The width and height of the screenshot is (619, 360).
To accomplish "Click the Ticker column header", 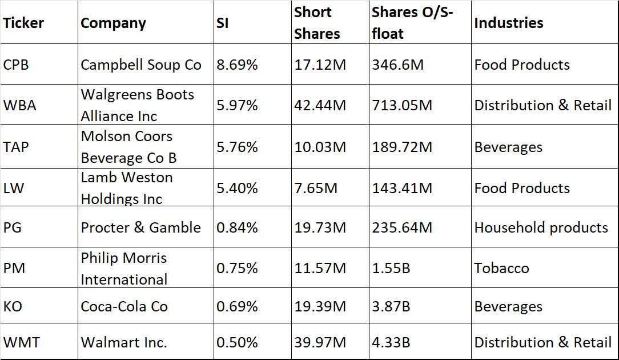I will pos(23,23).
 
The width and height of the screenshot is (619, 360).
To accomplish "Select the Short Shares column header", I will pos(317,23).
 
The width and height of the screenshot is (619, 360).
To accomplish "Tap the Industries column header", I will pos(508,23).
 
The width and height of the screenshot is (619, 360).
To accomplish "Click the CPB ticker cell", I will pos(16,65).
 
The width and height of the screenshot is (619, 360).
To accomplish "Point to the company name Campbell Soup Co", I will pos(141,65).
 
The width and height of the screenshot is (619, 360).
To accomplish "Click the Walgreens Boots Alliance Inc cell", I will pos(138,105).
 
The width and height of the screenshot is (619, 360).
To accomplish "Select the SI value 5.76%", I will pos(237,147).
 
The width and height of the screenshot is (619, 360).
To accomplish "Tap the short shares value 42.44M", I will pos(320,106).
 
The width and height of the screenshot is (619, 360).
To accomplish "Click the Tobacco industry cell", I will pos(501,268).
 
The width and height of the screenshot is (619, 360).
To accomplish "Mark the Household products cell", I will pos(541,227).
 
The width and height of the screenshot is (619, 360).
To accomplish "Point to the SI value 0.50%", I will pos(237,342).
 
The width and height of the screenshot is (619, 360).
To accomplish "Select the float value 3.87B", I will pos(391,307).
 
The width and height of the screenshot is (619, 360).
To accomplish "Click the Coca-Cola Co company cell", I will pos(124,307).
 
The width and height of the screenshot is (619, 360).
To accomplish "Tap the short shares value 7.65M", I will pos(316,188).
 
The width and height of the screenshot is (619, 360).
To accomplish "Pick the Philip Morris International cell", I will pos(124,268).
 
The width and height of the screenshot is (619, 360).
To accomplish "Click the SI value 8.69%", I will pos(237,65).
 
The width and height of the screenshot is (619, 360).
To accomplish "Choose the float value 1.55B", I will pos(391,268).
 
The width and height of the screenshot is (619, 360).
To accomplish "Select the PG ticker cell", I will pos(14,227).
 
